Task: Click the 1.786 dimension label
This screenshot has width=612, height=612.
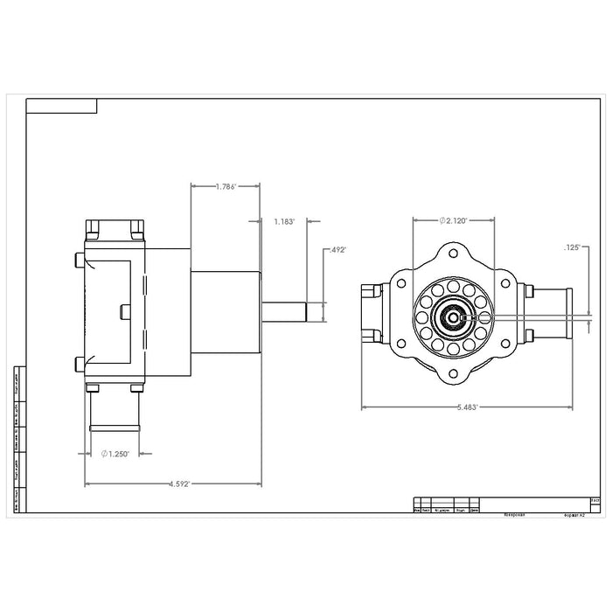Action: [x=226, y=186]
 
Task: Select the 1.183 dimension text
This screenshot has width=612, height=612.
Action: [x=284, y=221]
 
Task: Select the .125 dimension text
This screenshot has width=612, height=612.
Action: [x=574, y=248]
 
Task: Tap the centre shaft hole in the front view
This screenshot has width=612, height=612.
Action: [x=454, y=317]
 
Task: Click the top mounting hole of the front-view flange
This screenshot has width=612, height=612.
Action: [x=453, y=255]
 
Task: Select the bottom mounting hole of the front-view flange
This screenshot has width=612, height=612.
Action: [x=453, y=379]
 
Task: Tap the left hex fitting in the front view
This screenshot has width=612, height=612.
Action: [x=372, y=313]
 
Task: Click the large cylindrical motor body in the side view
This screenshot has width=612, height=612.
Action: [x=226, y=311]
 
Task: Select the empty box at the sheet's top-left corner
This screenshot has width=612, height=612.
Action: [x=61, y=107]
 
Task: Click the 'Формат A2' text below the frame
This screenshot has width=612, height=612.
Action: [x=576, y=516]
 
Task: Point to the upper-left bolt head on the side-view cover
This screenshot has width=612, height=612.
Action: [x=80, y=260]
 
